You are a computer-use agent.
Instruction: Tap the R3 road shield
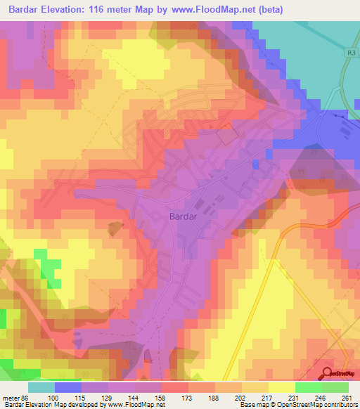(351, 53)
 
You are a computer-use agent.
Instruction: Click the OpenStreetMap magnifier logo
(328, 373)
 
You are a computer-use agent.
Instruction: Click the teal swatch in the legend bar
(41, 387)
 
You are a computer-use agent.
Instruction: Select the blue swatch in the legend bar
(68, 387)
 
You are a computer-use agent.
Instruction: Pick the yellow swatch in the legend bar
(282, 387)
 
